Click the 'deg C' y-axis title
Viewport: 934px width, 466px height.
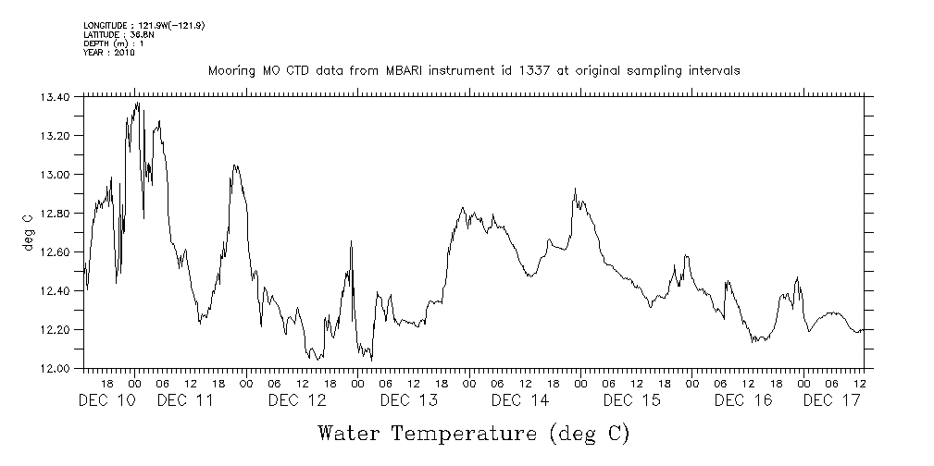(27, 231)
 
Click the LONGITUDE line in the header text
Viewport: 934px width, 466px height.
(143, 25)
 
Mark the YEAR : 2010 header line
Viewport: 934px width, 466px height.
(109, 53)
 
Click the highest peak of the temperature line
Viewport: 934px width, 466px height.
(138, 103)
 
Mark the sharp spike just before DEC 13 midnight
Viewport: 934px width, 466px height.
(352, 241)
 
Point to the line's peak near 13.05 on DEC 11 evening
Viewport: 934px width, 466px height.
(235, 166)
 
